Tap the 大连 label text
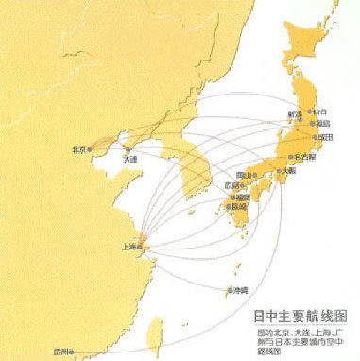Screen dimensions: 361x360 [x=129, y=160]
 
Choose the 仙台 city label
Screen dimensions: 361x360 [x=318, y=111]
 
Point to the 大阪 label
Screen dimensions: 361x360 [x=286, y=171]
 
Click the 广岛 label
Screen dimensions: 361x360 [x=232, y=185]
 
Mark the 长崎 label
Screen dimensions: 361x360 [x=237, y=206]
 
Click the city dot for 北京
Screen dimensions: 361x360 [x=92, y=149]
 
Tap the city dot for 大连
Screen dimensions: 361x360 [x=127, y=149]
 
